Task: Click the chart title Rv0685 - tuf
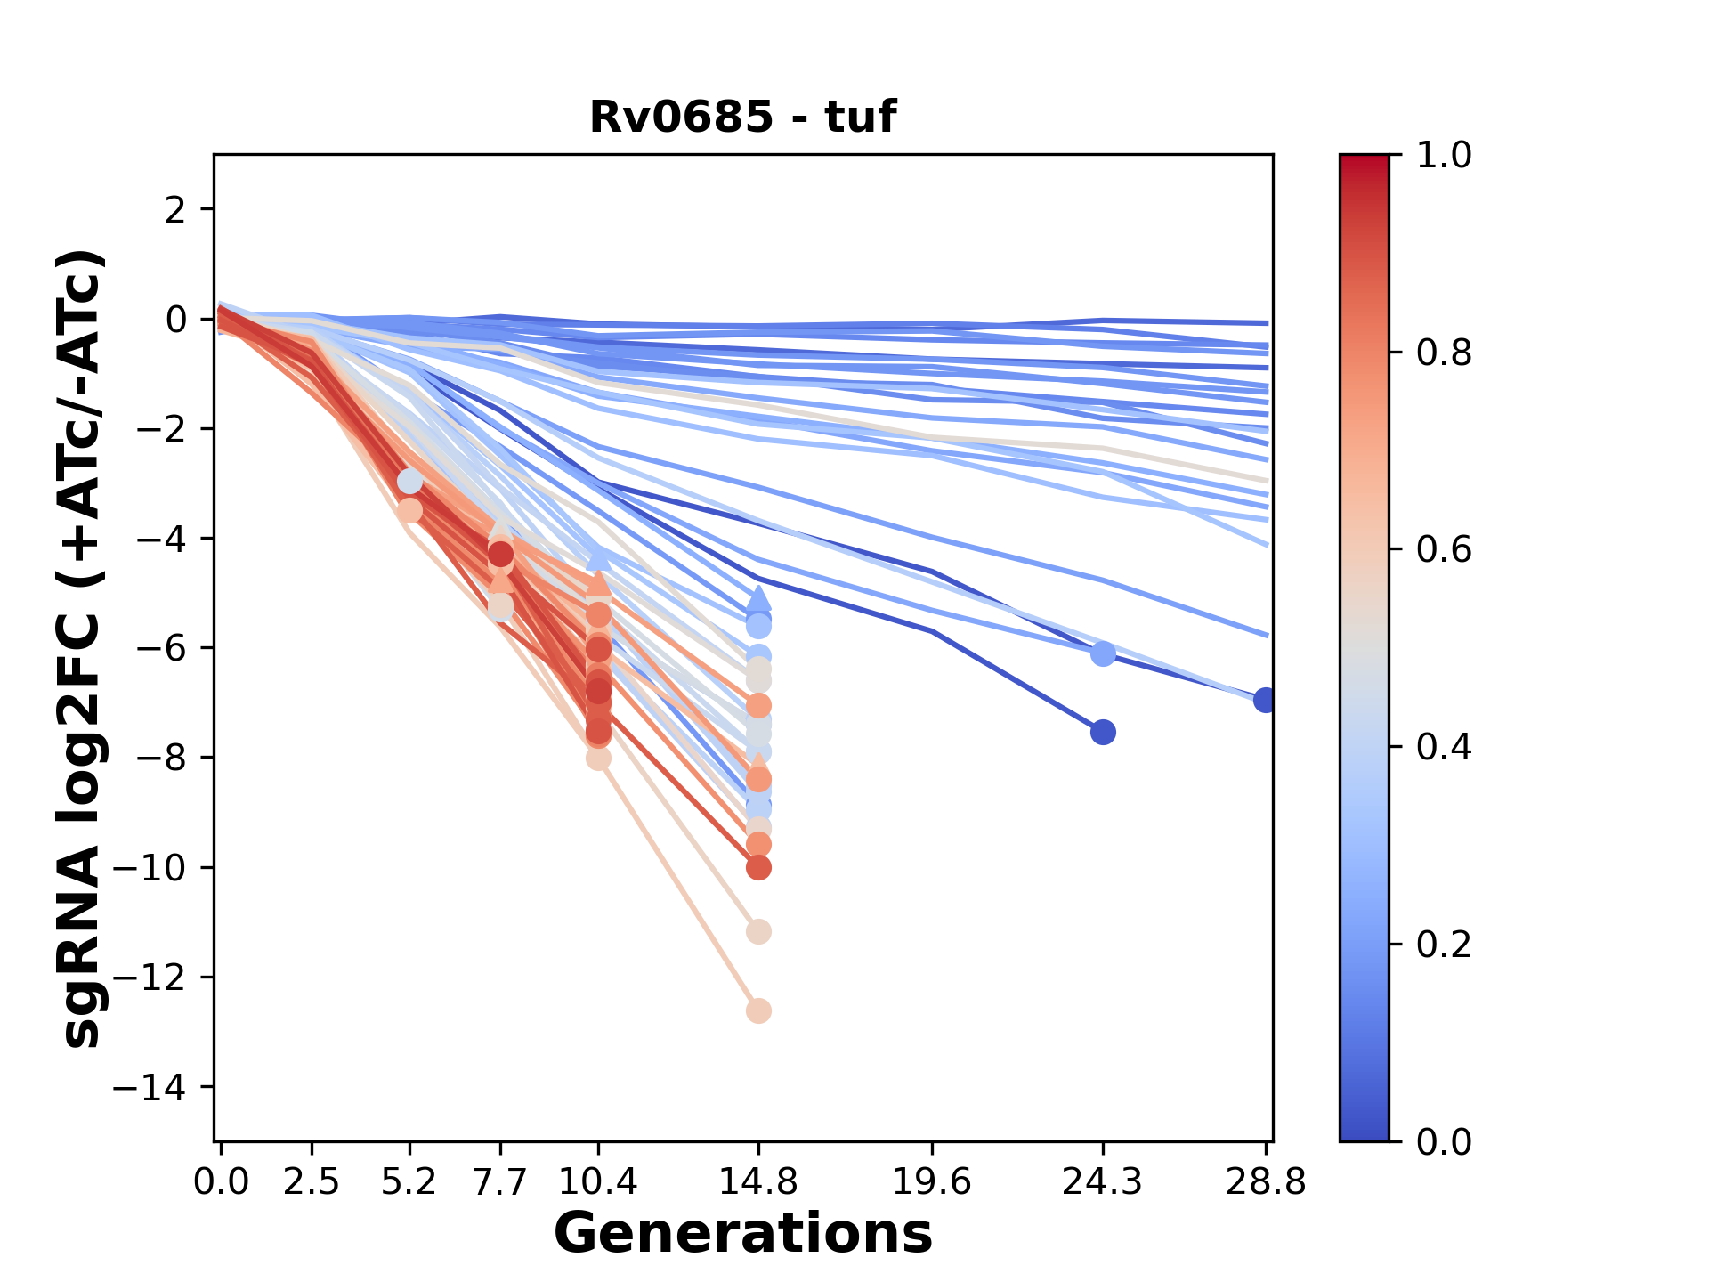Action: tap(742, 117)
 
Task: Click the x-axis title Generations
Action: tap(742, 1234)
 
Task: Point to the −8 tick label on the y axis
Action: tap(160, 758)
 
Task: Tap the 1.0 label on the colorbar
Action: tap(1444, 156)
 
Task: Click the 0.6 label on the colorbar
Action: tap(1444, 550)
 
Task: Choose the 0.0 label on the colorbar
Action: tap(1444, 1141)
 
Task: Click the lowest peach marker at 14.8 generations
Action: tap(758, 1011)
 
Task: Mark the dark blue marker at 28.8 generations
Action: tap(1265, 700)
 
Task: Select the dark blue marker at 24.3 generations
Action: tap(1103, 733)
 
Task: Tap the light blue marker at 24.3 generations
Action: tap(1103, 654)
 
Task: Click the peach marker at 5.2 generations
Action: tap(409, 511)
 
